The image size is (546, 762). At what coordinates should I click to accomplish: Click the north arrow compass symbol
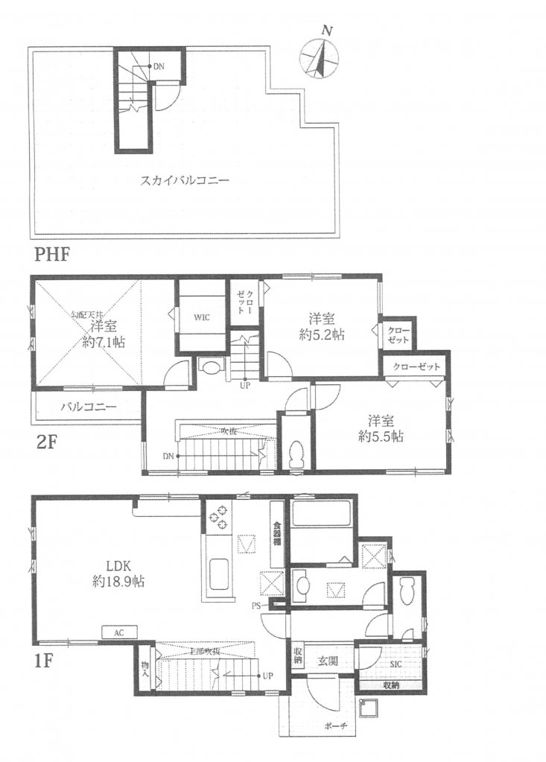[320, 58]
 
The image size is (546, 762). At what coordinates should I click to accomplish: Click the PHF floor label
[52, 255]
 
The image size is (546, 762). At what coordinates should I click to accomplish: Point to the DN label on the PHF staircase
[159, 67]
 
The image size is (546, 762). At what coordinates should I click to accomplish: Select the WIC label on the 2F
[201, 317]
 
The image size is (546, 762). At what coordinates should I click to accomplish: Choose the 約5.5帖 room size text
[378, 436]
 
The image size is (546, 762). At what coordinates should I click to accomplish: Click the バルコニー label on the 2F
[81, 407]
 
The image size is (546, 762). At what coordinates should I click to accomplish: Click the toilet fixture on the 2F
[296, 452]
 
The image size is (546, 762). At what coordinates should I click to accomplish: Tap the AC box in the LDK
[118, 632]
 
